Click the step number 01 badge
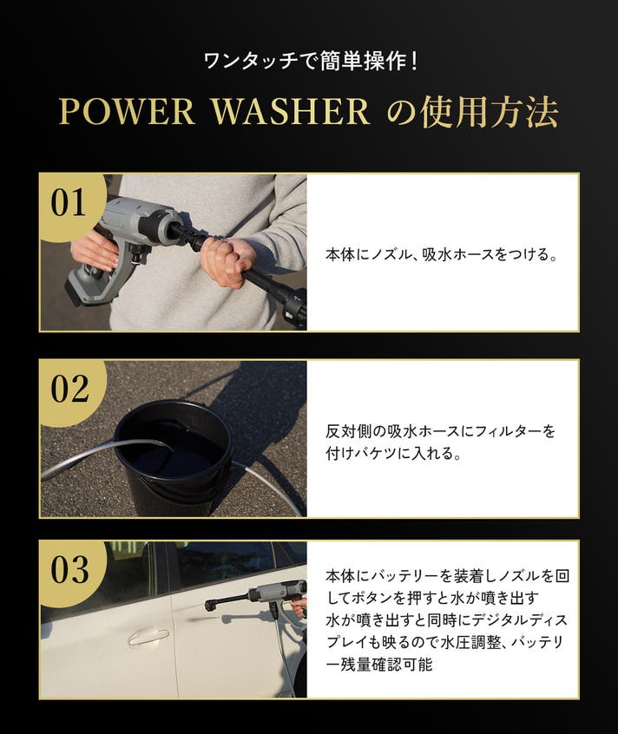click(69, 203)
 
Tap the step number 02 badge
click(69, 389)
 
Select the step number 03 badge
click(69, 570)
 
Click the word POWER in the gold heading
click(127, 112)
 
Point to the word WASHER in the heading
click(291, 112)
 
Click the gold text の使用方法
click(473, 112)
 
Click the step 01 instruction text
click(442, 254)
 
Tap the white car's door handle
click(148, 637)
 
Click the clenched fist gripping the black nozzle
click(228, 261)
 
